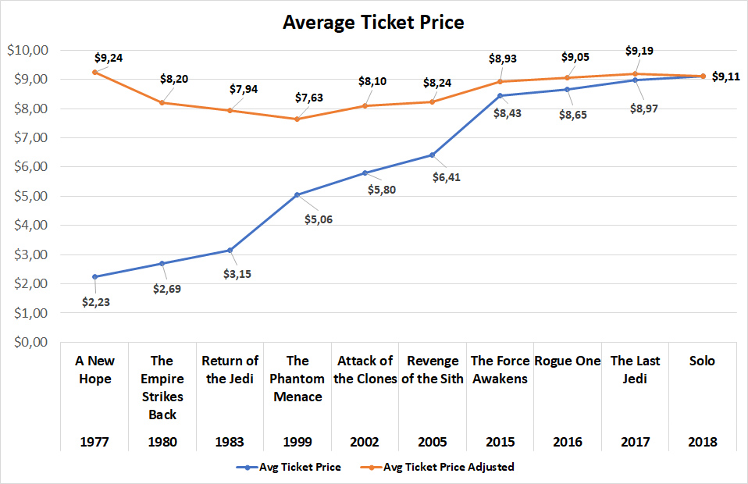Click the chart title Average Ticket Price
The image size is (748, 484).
(373, 23)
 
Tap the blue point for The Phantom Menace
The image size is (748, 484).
(297, 194)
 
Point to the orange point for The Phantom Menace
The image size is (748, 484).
(297, 119)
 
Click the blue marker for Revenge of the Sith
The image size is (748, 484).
(432, 155)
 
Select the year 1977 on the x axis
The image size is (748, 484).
(94, 442)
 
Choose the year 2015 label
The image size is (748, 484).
(499, 442)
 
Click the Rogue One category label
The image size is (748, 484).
(567, 361)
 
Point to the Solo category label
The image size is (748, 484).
(703, 361)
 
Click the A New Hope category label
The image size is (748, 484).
(94, 369)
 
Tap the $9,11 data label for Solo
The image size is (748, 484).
(727, 77)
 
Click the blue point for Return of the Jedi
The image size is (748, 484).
(230, 250)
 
